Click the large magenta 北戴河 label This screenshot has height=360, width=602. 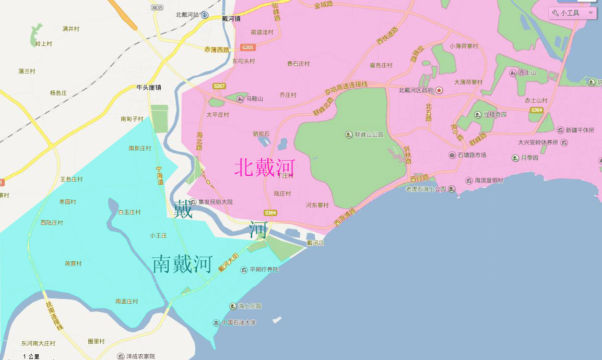[x=265, y=167]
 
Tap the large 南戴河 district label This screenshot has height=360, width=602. [x=182, y=265]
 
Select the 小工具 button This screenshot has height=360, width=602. [x=572, y=13]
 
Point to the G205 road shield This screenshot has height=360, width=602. [x=248, y=47]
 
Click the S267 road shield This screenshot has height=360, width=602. [x=219, y=86]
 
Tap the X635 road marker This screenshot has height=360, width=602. [x=157, y=7]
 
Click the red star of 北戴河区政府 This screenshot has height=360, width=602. [x=440, y=90]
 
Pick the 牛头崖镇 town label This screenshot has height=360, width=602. [x=148, y=88]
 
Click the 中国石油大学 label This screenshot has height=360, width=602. [x=239, y=323]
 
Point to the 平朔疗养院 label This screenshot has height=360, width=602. [x=264, y=270]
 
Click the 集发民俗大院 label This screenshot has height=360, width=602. [x=215, y=202]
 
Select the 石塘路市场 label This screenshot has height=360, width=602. [x=471, y=155]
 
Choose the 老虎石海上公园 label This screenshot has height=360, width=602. [x=426, y=189]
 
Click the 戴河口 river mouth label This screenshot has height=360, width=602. [x=315, y=243]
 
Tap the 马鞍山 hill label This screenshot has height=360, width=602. [x=255, y=99]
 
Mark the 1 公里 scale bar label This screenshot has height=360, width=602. [x=31, y=356]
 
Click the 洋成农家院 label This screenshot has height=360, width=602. [x=140, y=356]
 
